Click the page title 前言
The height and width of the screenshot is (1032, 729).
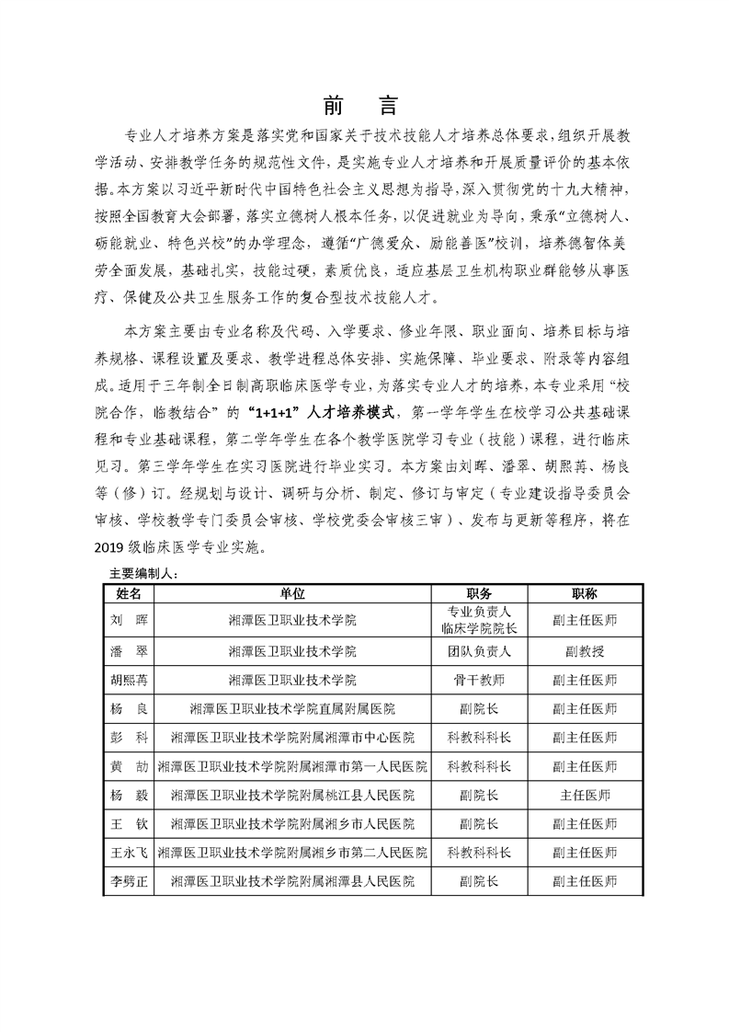(x=364, y=103)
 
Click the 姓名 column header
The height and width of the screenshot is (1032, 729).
(x=129, y=594)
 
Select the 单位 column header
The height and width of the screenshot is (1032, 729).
(x=292, y=594)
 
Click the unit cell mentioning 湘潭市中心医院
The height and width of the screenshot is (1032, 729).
(x=292, y=739)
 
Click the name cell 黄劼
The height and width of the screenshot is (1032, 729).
(x=129, y=767)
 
